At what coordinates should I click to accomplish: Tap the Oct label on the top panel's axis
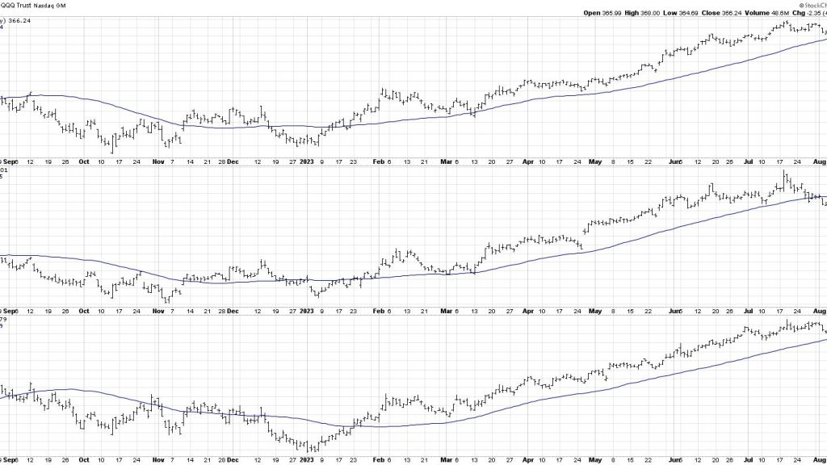click(84, 161)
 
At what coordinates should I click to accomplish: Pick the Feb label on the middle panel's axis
click(377, 310)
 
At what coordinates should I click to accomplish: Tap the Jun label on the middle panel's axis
click(675, 310)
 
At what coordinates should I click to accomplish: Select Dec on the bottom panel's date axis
click(232, 459)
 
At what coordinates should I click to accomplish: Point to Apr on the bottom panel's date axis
click(528, 459)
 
